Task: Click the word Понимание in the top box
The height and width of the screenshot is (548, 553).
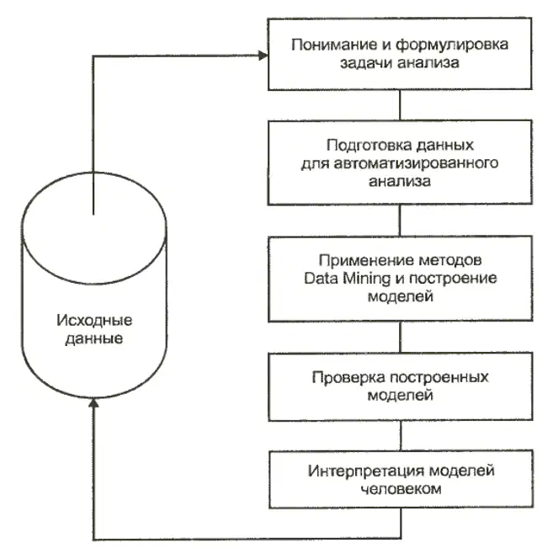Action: [334, 45]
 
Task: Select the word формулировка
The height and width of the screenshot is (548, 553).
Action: [452, 45]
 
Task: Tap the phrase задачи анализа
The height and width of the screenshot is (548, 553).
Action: [399, 63]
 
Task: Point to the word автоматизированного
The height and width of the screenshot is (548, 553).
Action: [416, 163]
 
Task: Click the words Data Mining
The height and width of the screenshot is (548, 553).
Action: [348, 279]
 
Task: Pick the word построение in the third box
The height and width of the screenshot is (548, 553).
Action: [453, 279]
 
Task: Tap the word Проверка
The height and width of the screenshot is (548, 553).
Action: [348, 378]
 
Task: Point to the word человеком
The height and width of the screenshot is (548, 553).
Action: [401, 489]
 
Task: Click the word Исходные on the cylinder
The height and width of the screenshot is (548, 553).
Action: [94, 321]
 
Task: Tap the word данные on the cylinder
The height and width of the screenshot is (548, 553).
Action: [94, 339]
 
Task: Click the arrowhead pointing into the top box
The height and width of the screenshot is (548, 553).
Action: [263, 56]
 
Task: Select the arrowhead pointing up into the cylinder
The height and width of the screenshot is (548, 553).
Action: [93, 402]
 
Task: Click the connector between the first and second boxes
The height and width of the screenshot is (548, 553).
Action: [400, 105]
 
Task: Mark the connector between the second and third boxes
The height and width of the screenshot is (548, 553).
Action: [400, 221]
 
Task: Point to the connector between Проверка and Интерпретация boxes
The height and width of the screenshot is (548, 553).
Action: [401, 435]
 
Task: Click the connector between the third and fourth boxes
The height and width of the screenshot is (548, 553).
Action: [401, 337]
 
